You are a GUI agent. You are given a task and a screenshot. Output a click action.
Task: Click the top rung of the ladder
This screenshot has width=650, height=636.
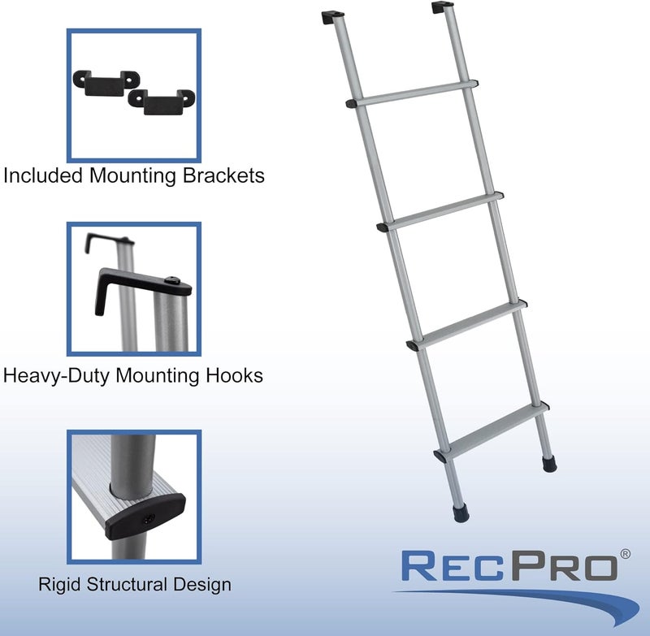pyautogui.click(x=412, y=93)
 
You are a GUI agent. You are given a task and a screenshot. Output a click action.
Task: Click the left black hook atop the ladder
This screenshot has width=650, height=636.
pyautogui.click(x=333, y=17)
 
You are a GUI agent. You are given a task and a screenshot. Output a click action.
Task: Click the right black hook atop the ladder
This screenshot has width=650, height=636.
pyautogui.click(x=441, y=11)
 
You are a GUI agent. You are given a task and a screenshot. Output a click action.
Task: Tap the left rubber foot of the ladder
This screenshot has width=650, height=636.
pyautogui.click(x=461, y=514)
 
